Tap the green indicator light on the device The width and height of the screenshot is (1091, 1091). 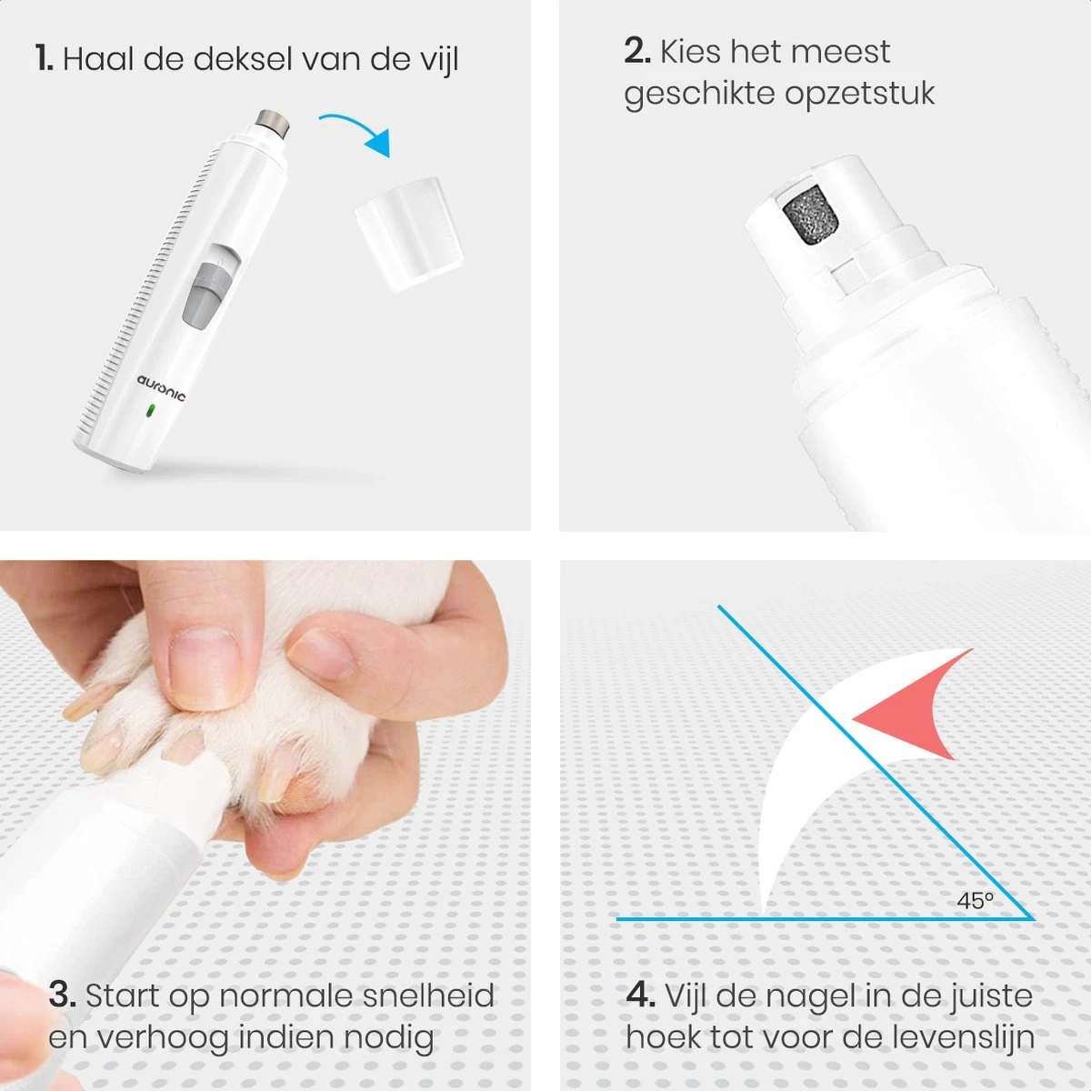click(x=150, y=410)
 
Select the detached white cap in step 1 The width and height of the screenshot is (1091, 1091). click(x=409, y=234)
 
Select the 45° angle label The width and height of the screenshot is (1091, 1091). click(x=975, y=900)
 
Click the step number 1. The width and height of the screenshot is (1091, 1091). click(x=45, y=58)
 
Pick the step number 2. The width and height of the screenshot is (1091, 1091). click(x=637, y=51)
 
